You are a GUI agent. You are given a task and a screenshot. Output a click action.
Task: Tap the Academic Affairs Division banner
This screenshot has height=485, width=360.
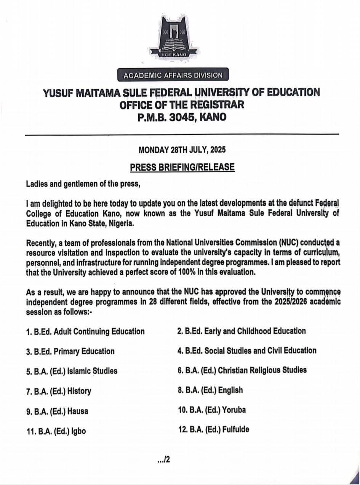pyautogui.click(x=173, y=75)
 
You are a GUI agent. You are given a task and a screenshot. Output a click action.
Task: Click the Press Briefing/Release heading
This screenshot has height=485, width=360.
pyautogui.click(x=182, y=167)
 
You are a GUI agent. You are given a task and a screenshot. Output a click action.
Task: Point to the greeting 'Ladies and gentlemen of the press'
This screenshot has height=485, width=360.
pyautogui.click(x=83, y=184)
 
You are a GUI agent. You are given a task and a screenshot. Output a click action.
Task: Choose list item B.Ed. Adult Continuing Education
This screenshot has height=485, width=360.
pyautogui.click(x=85, y=332)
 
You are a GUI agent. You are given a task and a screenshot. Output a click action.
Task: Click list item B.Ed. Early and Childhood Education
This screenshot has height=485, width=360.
pyautogui.click(x=242, y=331)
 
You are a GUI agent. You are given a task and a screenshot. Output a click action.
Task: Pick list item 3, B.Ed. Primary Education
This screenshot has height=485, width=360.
pyautogui.click(x=70, y=351)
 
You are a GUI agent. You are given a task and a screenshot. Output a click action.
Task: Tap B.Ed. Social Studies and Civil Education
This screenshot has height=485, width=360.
pyautogui.click(x=247, y=350)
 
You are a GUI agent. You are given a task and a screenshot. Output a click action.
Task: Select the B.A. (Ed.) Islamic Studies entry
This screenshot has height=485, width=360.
pyautogui.click(x=72, y=371)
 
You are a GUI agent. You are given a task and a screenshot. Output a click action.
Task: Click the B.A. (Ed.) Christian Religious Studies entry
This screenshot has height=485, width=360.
pyautogui.click(x=242, y=370)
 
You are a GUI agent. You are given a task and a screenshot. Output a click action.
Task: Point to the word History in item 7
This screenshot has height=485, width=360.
pyautogui.click(x=79, y=391)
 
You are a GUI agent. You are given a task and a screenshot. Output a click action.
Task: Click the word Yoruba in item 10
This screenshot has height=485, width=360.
pyautogui.click(x=234, y=410)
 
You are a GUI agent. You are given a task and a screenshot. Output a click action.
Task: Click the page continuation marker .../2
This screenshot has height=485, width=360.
pyautogui.click(x=163, y=460)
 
